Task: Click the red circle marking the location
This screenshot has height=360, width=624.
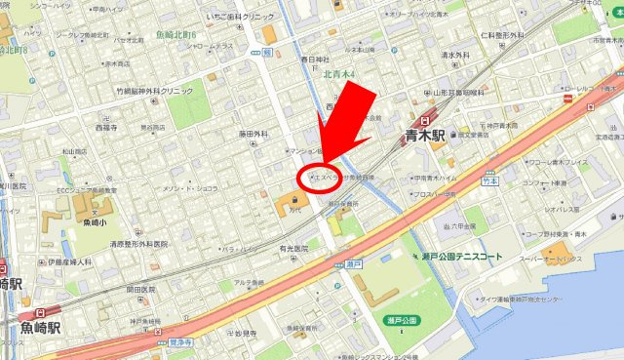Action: click(x=318, y=178)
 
